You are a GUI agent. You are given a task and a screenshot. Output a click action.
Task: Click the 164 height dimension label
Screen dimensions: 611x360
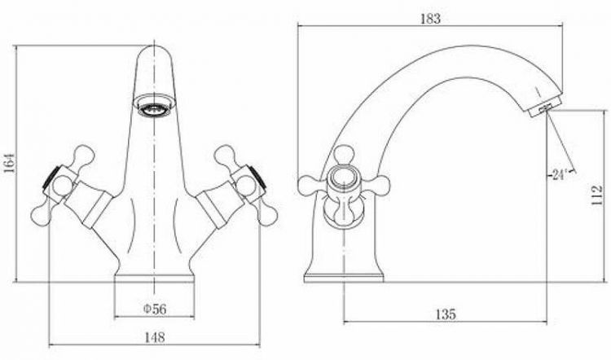pos(11,162)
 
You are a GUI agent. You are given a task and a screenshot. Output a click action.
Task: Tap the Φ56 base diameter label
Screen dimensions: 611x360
pos(155,309)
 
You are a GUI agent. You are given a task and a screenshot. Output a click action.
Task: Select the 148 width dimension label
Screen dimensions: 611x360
pos(155,337)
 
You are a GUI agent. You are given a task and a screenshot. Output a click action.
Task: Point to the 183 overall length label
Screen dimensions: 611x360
pos(430,18)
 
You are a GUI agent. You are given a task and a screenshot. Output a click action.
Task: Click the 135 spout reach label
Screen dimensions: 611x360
pos(446,314)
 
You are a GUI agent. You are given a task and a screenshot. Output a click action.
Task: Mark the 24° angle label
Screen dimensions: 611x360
pos(558,175)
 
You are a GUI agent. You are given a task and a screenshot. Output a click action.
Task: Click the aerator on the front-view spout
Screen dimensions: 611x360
pos(154,109)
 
